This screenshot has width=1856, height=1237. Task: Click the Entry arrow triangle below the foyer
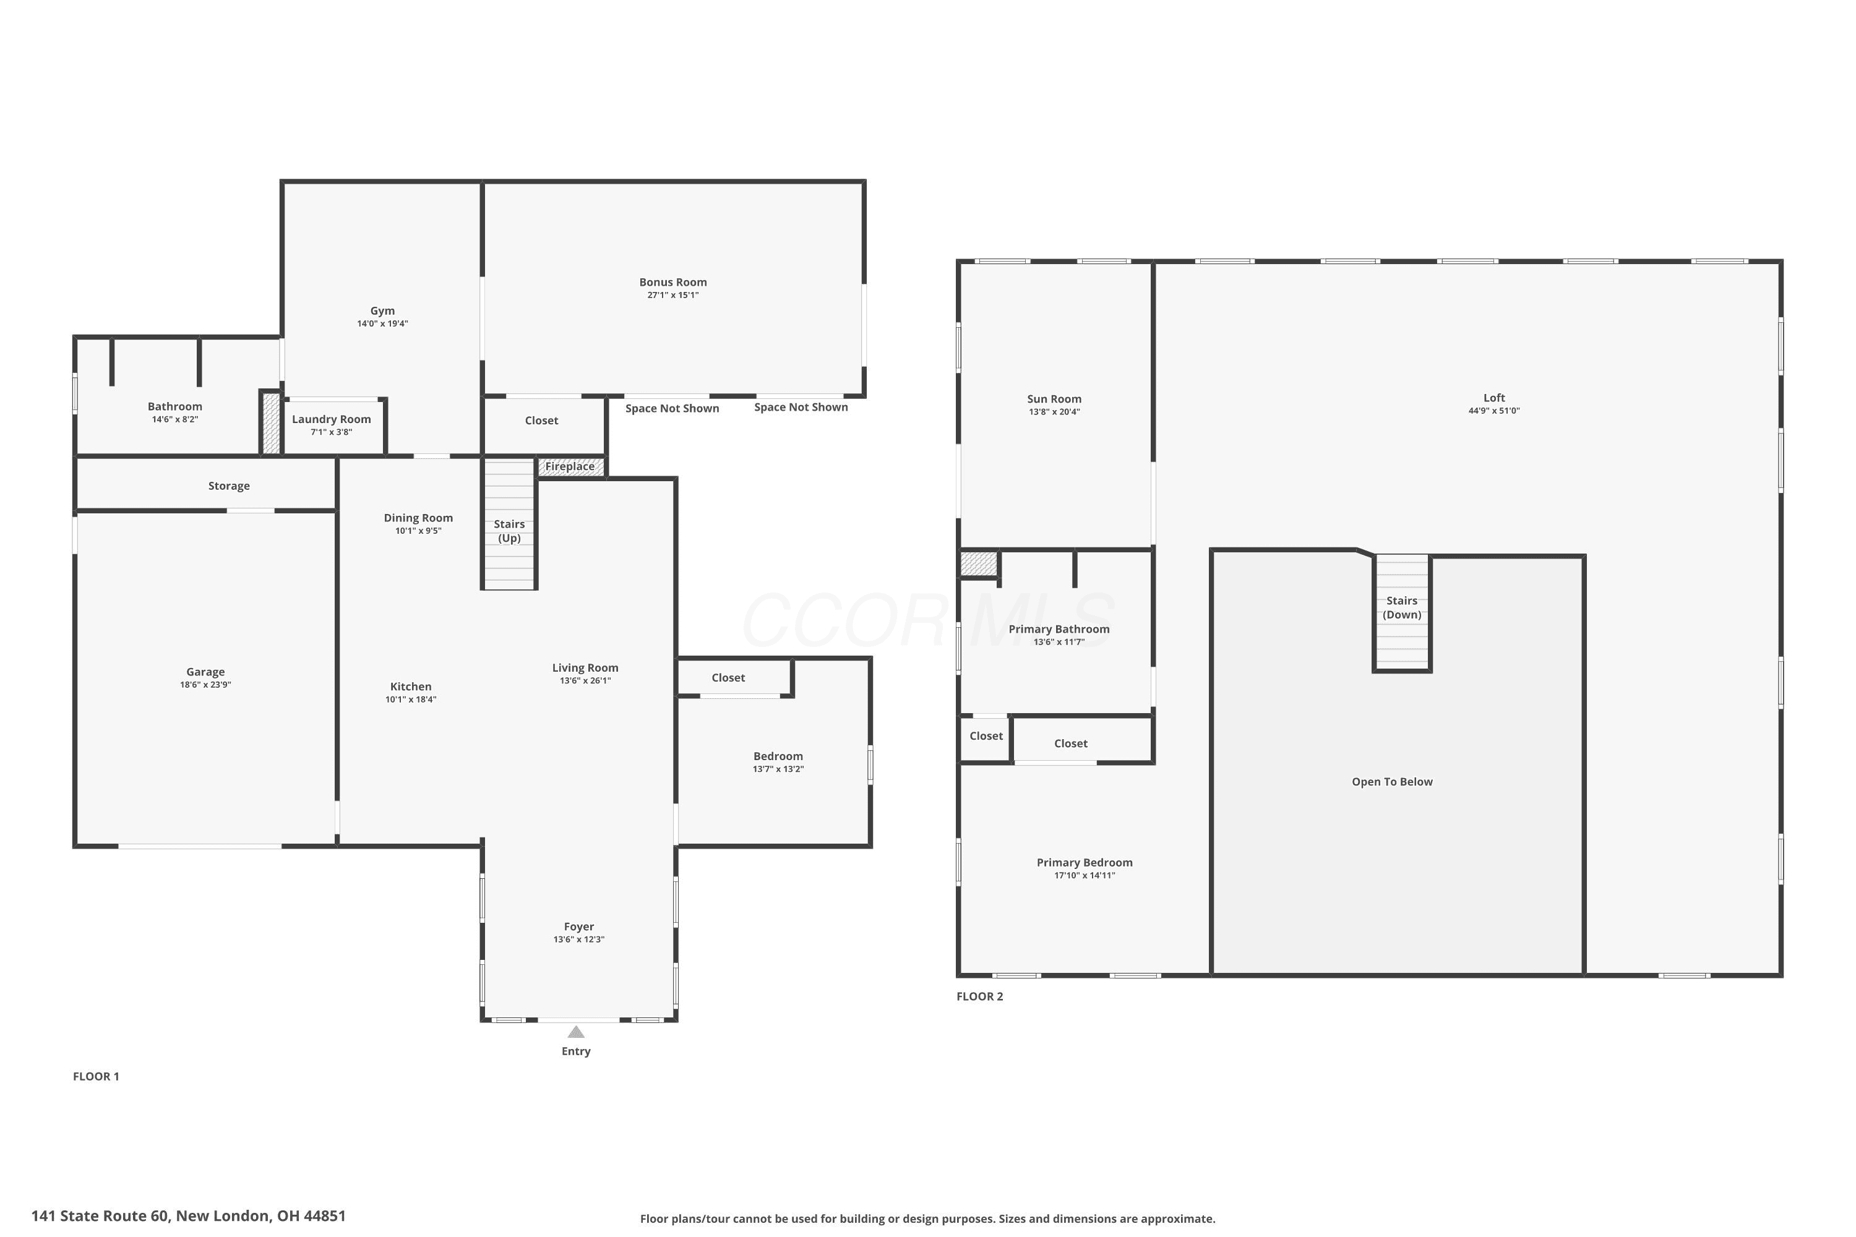[576, 1032]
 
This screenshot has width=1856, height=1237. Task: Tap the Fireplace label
[570, 466]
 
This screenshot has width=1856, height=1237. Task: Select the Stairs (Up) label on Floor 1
[509, 531]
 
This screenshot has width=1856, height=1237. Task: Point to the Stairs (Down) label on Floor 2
[1403, 607]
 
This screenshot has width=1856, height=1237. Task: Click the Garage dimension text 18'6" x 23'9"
[205, 685]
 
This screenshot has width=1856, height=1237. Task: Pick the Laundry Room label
[332, 419]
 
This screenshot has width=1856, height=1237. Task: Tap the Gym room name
[383, 311]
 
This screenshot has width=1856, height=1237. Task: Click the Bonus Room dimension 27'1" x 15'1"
[673, 295]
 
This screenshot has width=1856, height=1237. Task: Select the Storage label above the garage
[229, 486]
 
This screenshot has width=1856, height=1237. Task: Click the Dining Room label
[418, 518]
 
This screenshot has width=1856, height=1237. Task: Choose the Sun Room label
[1054, 399]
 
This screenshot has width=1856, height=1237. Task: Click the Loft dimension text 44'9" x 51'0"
[1494, 411]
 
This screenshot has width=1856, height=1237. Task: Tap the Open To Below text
[1392, 782]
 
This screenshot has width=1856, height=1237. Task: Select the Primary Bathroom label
[1059, 629]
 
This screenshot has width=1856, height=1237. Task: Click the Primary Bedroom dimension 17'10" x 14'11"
[1085, 875]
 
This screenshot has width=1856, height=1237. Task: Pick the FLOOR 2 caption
[980, 996]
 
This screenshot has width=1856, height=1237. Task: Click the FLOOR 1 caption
[97, 1076]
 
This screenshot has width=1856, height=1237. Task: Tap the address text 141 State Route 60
[100, 1216]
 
